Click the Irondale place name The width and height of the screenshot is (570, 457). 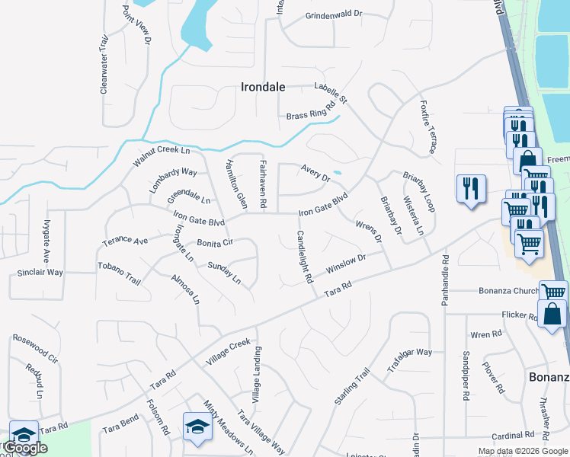click(x=263, y=87)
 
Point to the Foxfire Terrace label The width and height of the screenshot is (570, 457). click(x=426, y=127)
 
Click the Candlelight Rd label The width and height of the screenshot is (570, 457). click(x=304, y=257)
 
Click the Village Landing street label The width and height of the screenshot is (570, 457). click(x=257, y=376)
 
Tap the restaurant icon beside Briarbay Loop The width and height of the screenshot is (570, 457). click(x=470, y=187)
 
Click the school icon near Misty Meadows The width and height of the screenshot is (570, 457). click(x=197, y=427)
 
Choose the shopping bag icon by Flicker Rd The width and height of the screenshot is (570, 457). click(x=552, y=312)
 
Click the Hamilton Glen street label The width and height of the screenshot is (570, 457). click(x=235, y=184)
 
